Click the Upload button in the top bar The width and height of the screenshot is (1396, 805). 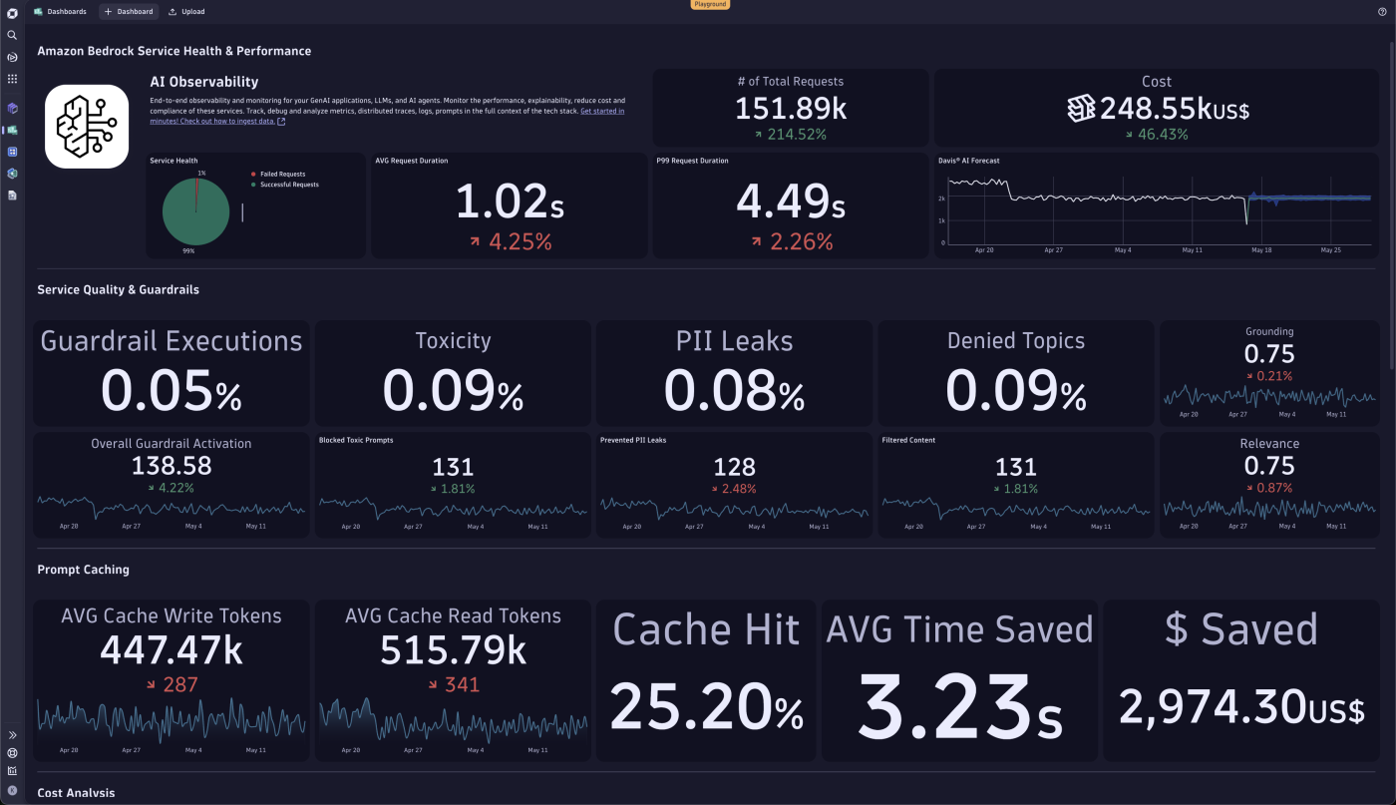tap(186, 12)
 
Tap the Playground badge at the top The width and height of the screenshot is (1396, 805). tap(710, 4)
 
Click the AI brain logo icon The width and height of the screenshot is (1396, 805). tap(87, 126)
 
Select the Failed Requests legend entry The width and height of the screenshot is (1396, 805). tap(282, 174)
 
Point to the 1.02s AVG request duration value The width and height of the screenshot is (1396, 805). tap(510, 202)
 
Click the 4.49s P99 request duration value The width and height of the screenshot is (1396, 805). tap(791, 202)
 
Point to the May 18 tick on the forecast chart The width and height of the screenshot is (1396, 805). tap(1261, 250)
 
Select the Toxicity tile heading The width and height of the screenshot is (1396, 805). tap(453, 341)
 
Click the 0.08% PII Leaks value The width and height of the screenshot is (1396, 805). tap(735, 390)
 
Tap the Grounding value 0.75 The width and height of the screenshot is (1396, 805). tap(1269, 354)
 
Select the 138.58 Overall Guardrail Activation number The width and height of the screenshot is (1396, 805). tap(172, 466)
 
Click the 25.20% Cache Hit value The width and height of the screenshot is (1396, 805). tap(706, 709)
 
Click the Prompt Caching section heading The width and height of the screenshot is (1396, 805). tap(83, 570)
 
